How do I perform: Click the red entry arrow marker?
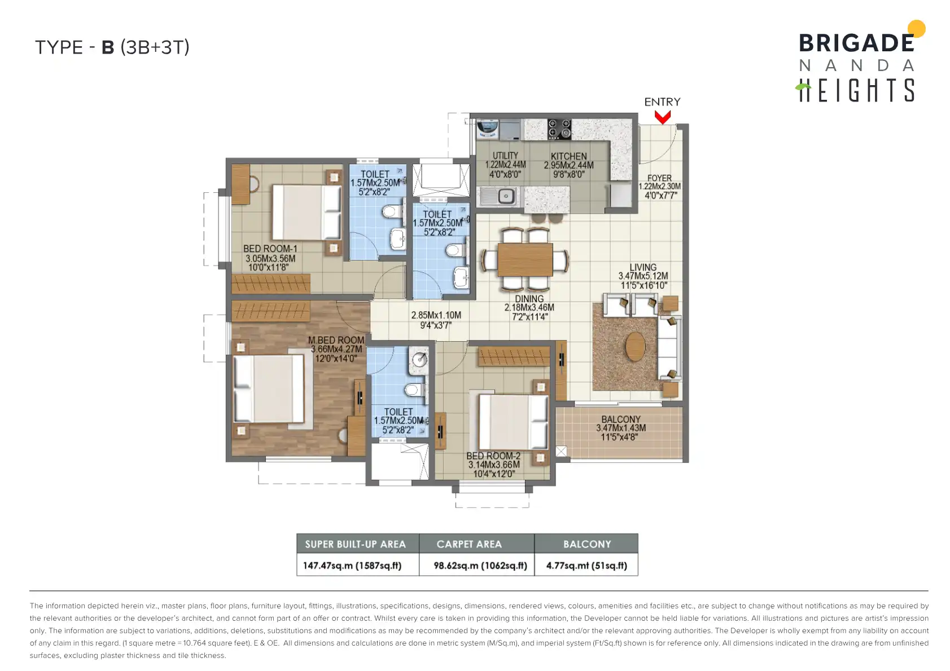662,117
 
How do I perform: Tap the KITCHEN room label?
568,156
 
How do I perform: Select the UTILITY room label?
505,156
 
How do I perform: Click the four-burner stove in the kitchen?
559,129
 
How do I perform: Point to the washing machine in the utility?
488,129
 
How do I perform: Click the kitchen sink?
501,196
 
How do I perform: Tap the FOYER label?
659,178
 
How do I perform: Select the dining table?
525,259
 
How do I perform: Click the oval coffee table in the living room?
635,346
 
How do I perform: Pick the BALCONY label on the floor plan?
621,419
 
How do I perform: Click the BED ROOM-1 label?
270,249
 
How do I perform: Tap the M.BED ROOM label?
336,340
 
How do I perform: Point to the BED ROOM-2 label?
493,456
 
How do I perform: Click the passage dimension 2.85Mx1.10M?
436,315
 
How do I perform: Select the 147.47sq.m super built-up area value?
352,566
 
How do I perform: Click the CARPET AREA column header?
469,544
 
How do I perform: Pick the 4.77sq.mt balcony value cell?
586,565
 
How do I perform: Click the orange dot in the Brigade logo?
916,29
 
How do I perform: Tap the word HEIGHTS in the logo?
855,90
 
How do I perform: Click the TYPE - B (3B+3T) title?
112,47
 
